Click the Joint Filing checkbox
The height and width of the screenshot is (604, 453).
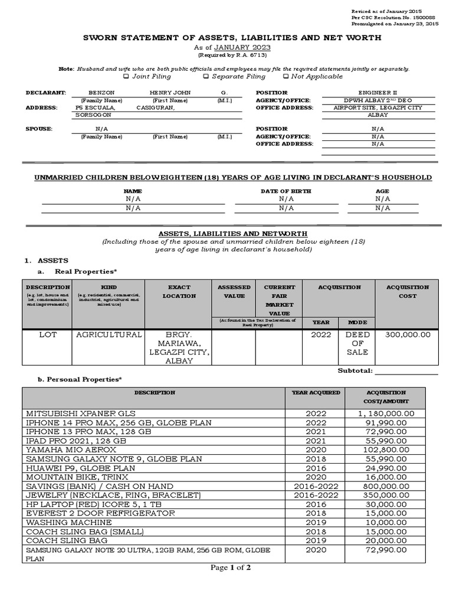(x=125, y=77)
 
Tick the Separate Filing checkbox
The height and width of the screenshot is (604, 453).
(x=206, y=77)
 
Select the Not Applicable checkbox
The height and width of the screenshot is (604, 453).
(x=287, y=77)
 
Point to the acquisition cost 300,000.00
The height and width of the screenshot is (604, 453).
(x=408, y=334)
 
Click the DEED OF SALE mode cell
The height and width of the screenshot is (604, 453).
(x=357, y=343)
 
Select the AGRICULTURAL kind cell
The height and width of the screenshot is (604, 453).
(x=109, y=334)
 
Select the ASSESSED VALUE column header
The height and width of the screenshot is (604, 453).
(x=234, y=291)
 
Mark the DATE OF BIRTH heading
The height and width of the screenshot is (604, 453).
(x=285, y=191)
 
